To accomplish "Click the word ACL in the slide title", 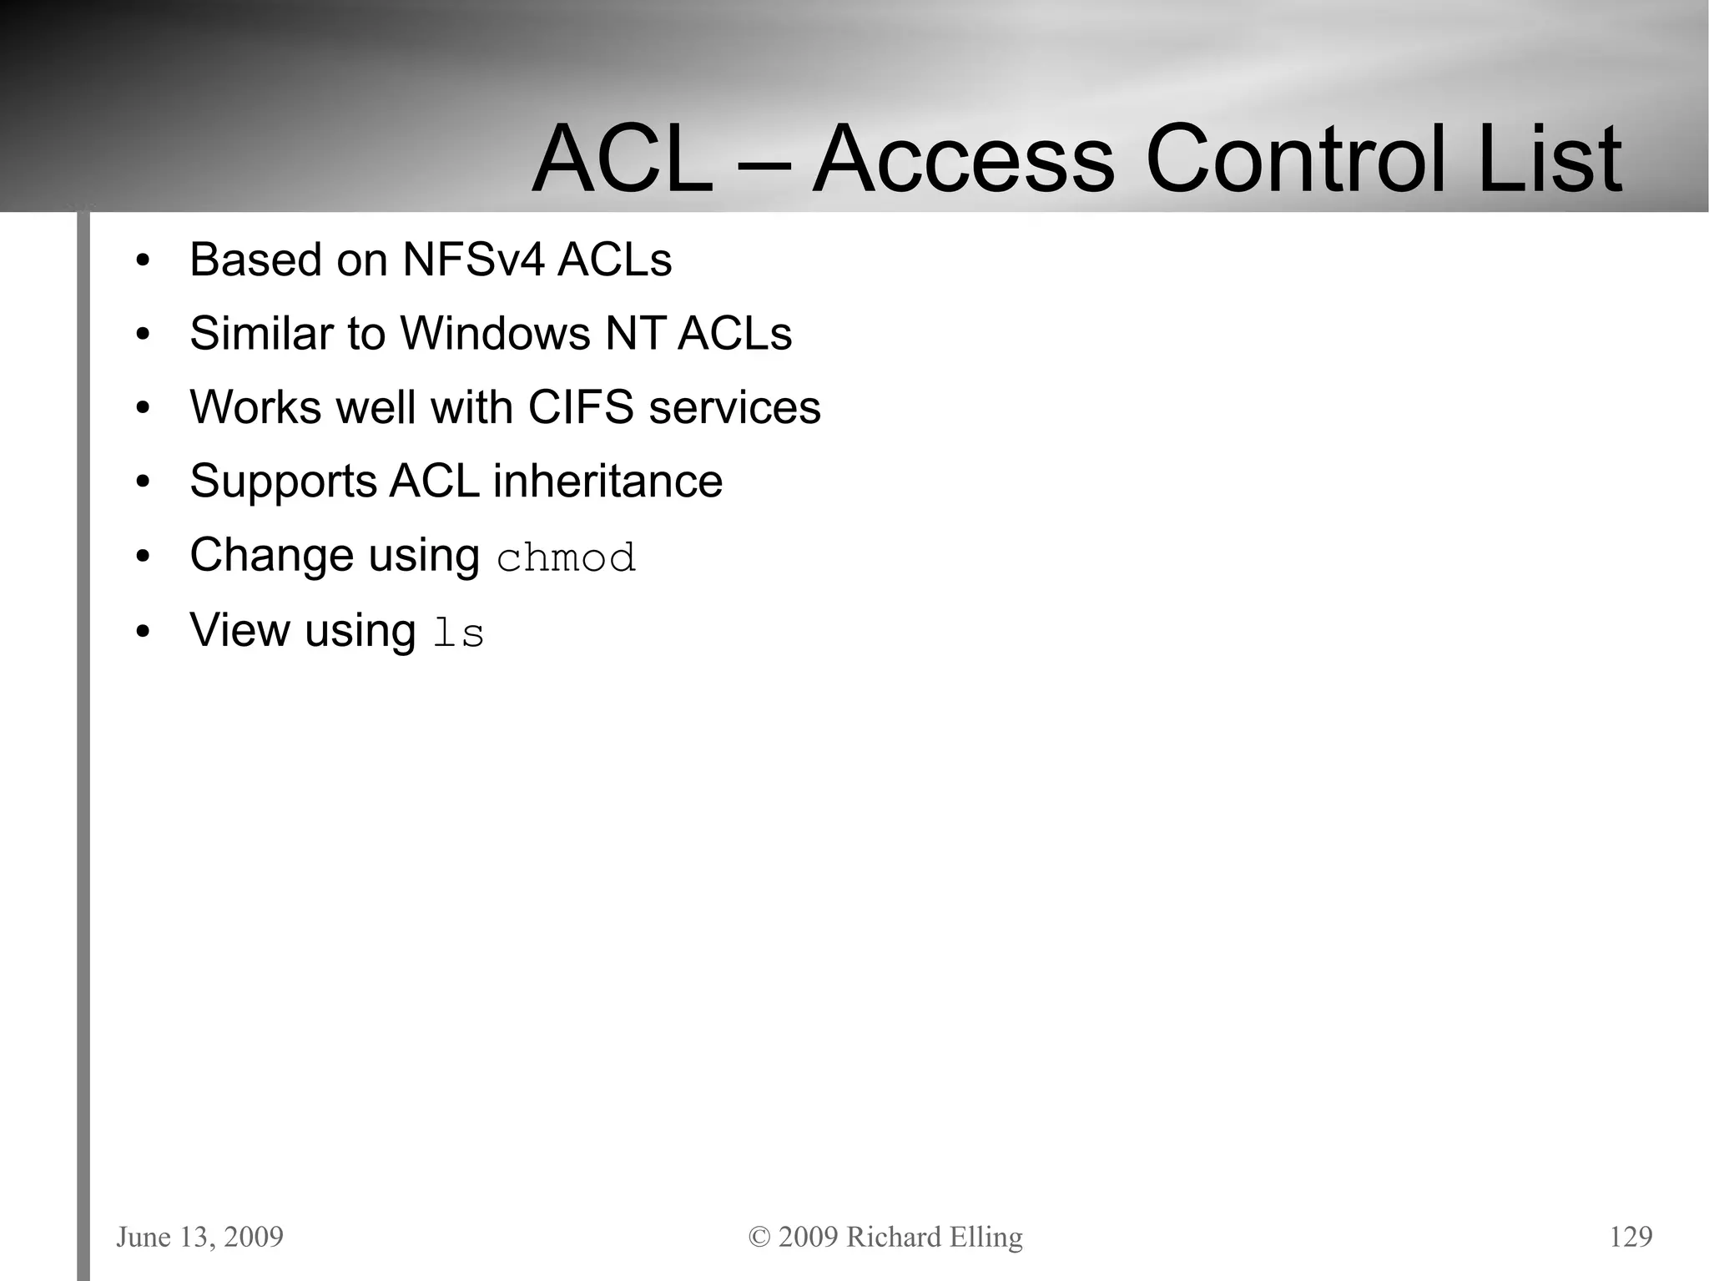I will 622,159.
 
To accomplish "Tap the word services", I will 734,407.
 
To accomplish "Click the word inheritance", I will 607,482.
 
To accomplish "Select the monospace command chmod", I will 566,557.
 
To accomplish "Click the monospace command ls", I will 458,633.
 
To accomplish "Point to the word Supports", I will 283,482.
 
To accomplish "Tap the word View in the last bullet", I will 239,629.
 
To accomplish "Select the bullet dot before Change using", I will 143,557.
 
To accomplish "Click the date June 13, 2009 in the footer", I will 199,1237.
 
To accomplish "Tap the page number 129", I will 1631,1237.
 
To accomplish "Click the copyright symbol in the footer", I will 759,1238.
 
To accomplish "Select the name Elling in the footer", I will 985,1238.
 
